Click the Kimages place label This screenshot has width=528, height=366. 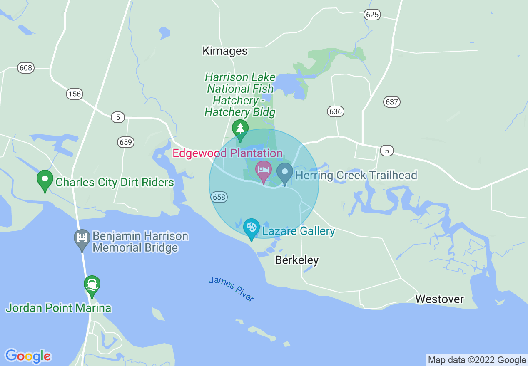[225, 51]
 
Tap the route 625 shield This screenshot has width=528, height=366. [372, 15]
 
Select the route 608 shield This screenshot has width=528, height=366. [26, 67]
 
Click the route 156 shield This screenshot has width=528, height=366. [74, 94]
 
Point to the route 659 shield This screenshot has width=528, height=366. [125, 143]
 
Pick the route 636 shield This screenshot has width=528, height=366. [336, 111]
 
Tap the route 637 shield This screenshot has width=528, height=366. [392, 101]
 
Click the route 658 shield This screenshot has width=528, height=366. [219, 197]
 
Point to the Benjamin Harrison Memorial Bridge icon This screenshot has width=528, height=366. [82, 239]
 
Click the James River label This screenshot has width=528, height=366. [232, 288]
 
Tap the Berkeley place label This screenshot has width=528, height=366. [297, 260]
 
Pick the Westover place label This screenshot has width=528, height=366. [439, 299]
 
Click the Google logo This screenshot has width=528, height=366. [28, 356]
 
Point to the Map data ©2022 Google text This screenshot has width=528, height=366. [477, 360]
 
